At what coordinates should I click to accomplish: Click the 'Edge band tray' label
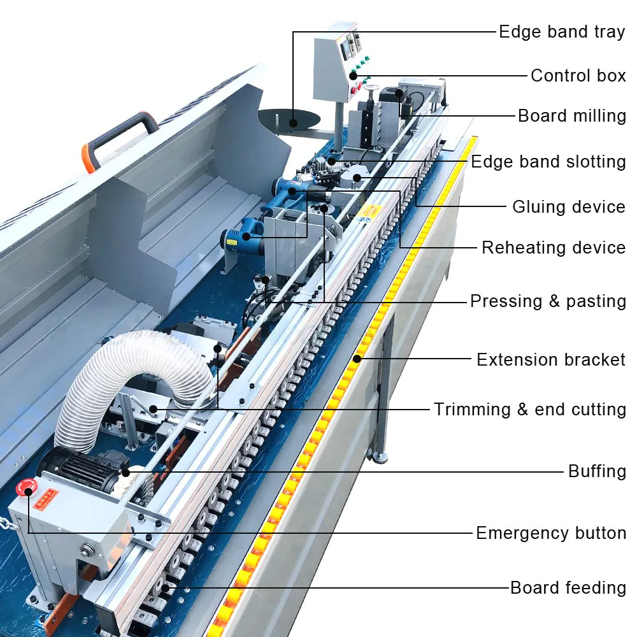[561, 32]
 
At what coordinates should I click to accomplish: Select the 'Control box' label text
[578, 75]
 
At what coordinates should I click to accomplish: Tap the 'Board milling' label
[571, 116]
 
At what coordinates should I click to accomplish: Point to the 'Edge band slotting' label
[548, 162]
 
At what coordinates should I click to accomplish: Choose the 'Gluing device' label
[568, 207]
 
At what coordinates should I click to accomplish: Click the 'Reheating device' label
[553, 248]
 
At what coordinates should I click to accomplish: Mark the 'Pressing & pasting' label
[547, 301]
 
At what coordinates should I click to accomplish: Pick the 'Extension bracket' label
[550, 360]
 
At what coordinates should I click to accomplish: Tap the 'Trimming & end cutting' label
[529, 410]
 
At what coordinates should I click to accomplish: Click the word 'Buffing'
[597, 471]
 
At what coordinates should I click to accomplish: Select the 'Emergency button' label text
[550, 533]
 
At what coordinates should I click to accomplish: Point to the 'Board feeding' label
[568, 587]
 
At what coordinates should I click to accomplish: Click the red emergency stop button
[27, 488]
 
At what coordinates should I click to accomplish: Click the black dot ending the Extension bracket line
[358, 359]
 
